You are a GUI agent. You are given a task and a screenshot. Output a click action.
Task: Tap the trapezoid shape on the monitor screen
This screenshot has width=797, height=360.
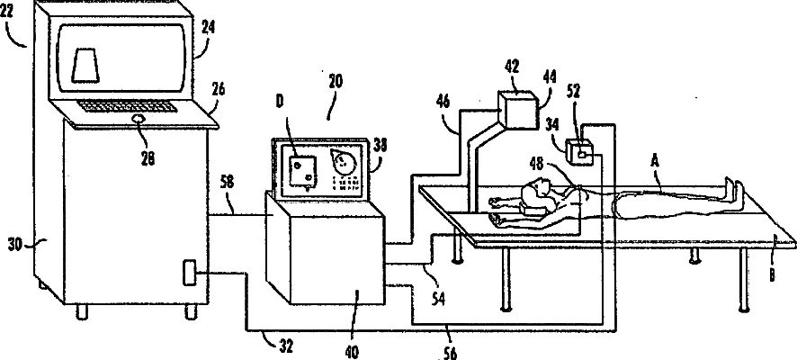[87, 67]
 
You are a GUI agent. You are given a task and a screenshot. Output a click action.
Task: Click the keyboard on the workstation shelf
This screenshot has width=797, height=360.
[125, 106]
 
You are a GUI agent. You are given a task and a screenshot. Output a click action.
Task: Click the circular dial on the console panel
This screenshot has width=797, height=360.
[344, 162]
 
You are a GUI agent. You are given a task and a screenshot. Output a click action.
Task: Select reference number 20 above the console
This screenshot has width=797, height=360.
[335, 81]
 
